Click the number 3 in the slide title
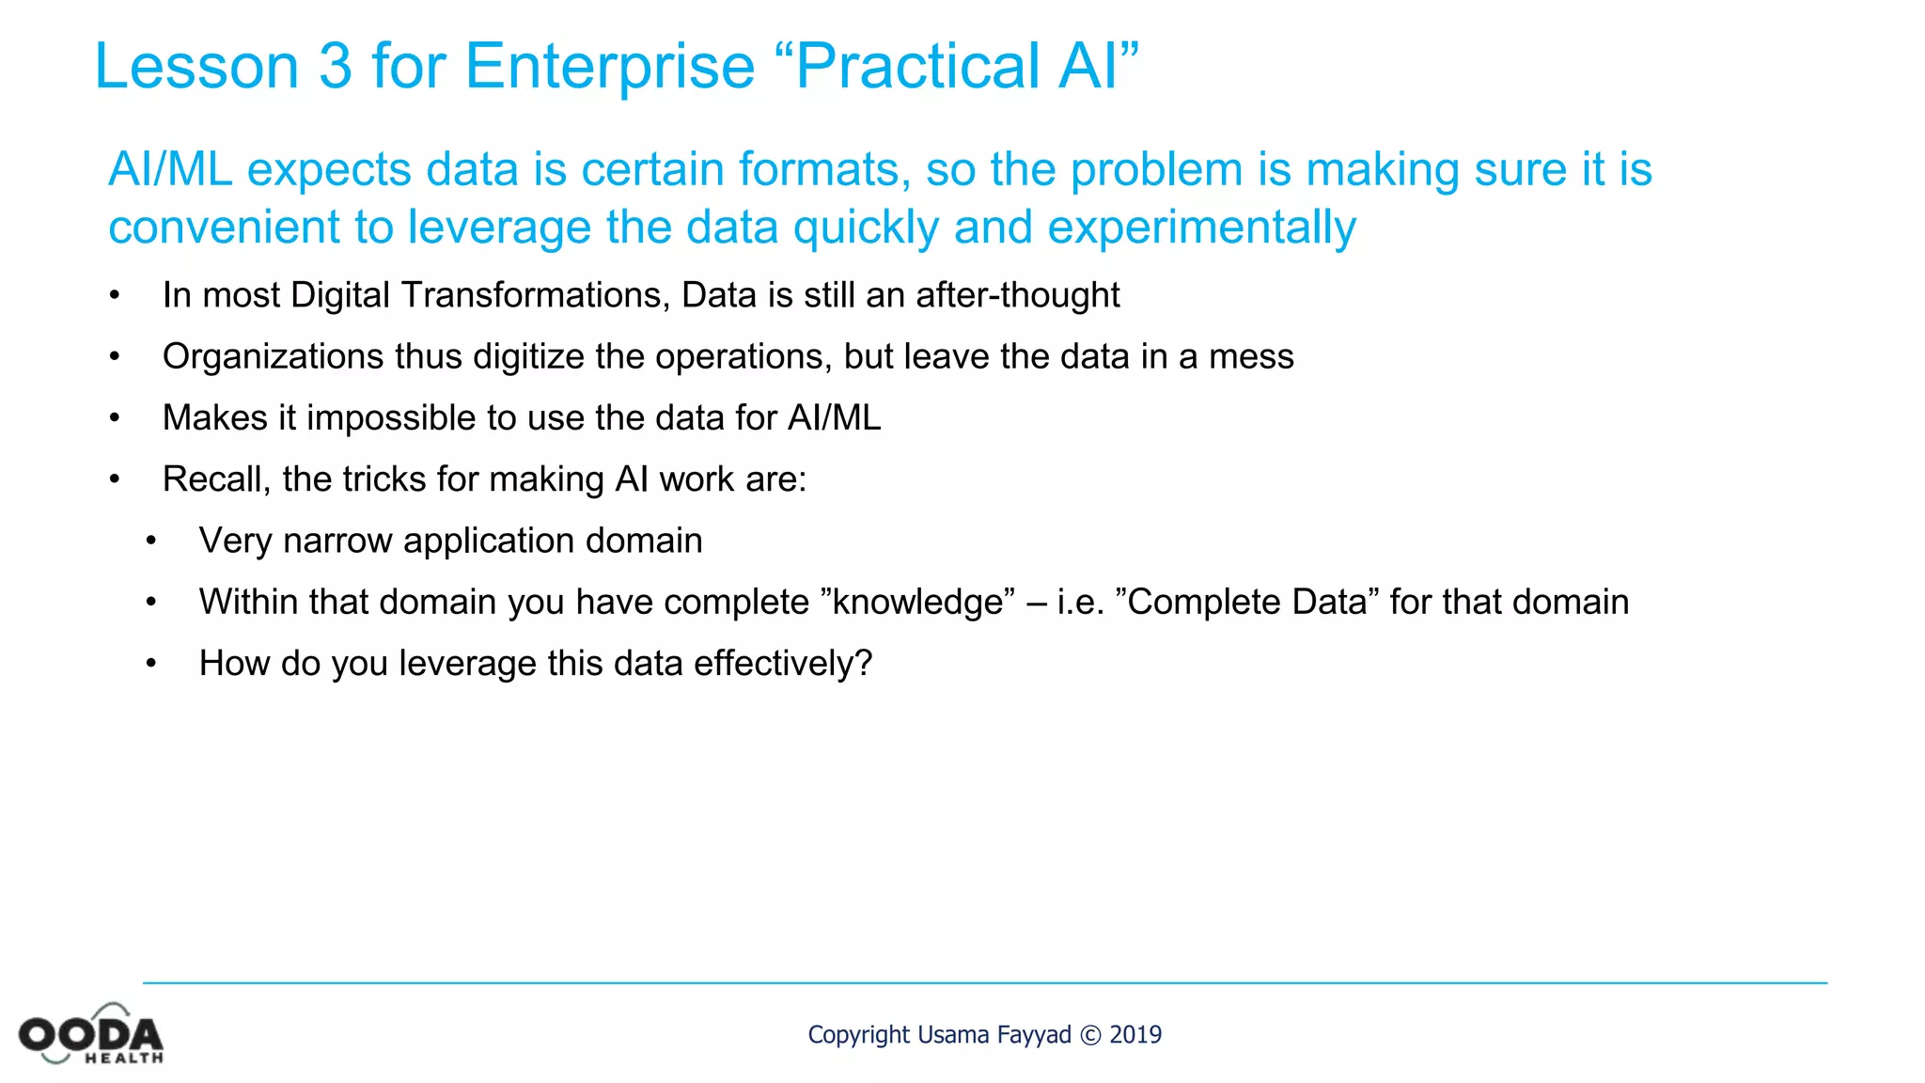335,67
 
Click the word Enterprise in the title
610,67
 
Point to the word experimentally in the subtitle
1201,228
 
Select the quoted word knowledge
917,602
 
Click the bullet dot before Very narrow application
150,541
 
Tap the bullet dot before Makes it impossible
114,418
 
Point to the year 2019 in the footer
1135,1035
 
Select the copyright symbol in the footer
1090,1035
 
